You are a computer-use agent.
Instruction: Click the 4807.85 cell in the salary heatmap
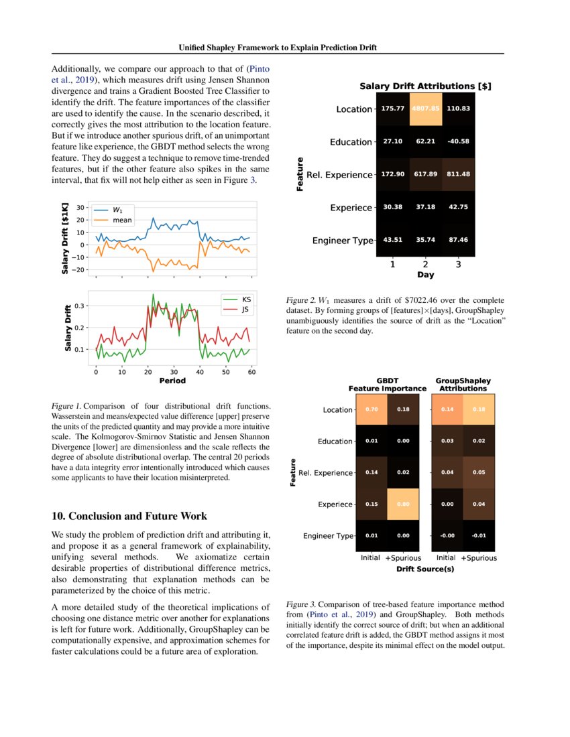(425, 109)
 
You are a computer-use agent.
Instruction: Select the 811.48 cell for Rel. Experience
(458, 175)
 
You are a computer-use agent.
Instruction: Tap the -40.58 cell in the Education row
(458, 142)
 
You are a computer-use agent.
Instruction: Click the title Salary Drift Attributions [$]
(425, 86)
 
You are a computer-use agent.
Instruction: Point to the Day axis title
(425, 275)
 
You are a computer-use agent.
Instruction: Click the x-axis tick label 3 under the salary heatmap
(458, 265)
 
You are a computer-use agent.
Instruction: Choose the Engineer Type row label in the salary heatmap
(343, 241)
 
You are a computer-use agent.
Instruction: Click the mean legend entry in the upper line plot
(121, 220)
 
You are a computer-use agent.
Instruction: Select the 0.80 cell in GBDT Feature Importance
(404, 505)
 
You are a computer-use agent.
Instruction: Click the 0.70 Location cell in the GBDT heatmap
(371, 409)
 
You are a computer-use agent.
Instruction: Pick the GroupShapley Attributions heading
(463, 385)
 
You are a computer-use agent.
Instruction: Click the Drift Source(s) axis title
(425, 569)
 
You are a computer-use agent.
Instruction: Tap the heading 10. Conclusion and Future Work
(129, 516)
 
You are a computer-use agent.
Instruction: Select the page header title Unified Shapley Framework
(278, 48)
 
